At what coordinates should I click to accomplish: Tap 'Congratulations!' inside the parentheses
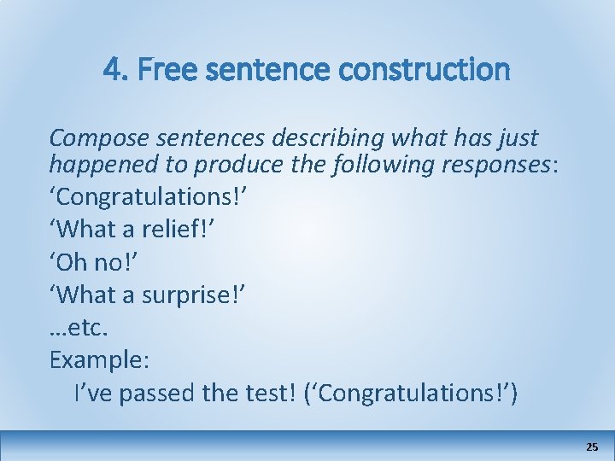pyautogui.click(x=415, y=394)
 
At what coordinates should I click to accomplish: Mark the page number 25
pyautogui.click(x=592, y=446)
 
